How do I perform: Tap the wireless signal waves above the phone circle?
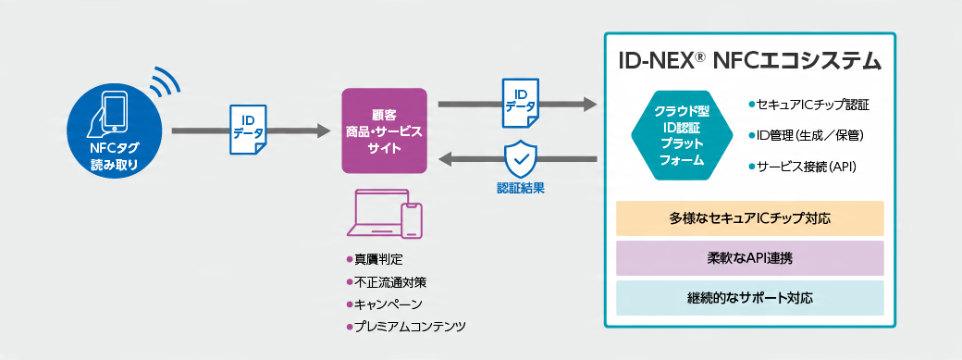click(x=166, y=83)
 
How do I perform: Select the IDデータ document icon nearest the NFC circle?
click(x=248, y=132)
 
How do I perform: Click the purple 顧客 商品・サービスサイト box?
click(x=384, y=130)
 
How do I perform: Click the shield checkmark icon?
click(x=520, y=160)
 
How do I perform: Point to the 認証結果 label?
click(x=520, y=188)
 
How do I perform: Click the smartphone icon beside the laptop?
click(x=411, y=223)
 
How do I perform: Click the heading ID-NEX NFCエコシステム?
click(x=749, y=62)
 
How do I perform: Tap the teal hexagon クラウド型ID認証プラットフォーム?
click(x=683, y=135)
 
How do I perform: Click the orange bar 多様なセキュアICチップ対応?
click(x=749, y=218)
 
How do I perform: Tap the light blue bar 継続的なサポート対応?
click(x=749, y=298)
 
